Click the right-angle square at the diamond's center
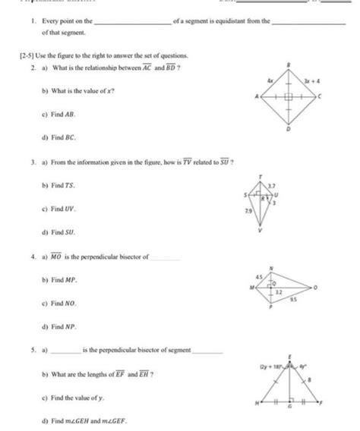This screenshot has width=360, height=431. [288, 98]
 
